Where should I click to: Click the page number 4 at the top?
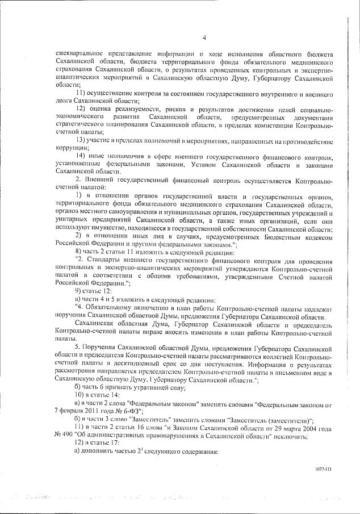tap(202, 37)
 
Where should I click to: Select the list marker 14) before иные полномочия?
tap(81, 155)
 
